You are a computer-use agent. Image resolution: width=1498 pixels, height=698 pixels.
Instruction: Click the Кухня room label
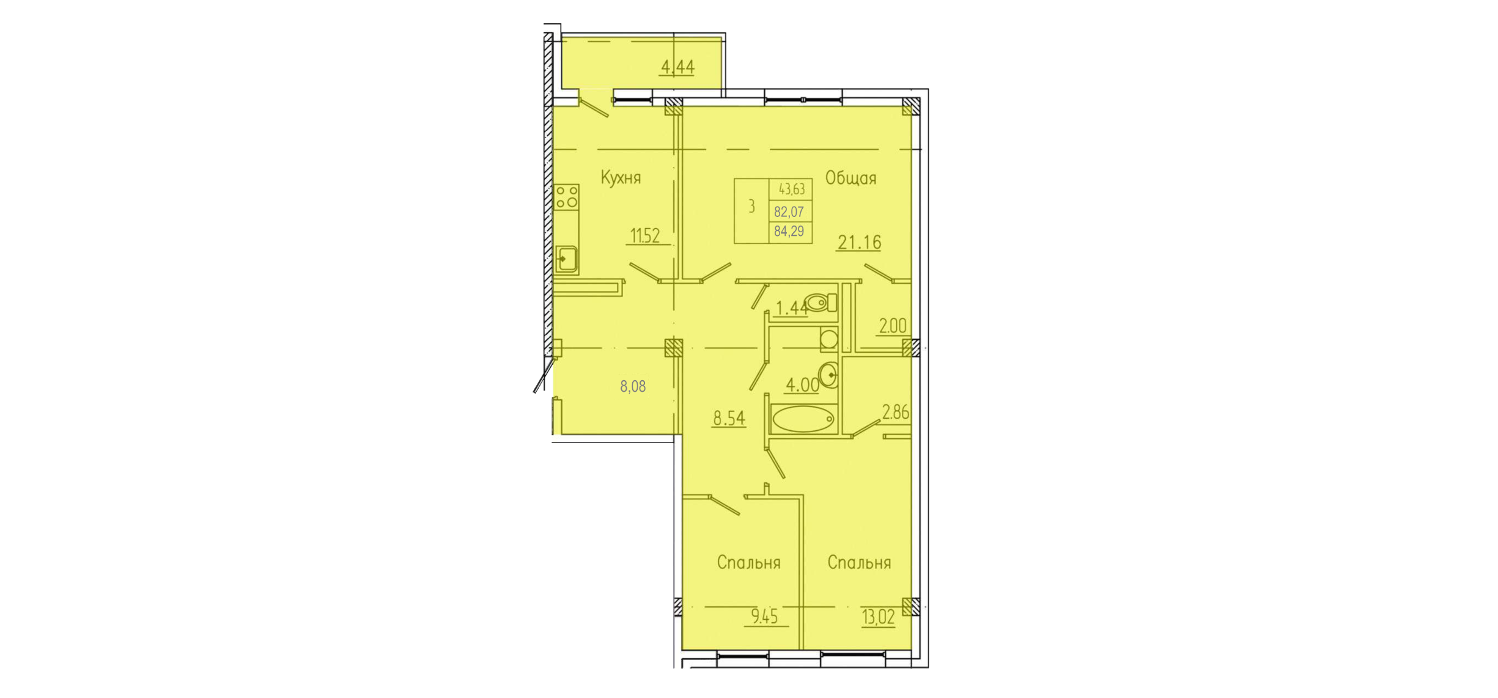tap(621, 178)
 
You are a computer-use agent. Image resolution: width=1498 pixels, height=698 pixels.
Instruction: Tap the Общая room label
tap(850, 178)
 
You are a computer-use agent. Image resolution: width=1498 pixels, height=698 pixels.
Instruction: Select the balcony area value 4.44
tap(677, 67)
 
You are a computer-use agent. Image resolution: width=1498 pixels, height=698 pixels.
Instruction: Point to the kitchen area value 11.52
tap(646, 235)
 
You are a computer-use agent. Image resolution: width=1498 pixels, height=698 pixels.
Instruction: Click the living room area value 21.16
tap(859, 242)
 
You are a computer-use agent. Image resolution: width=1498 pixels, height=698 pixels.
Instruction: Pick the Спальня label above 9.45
tap(748, 562)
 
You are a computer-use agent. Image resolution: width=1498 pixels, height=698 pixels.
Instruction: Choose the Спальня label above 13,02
tap(859, 562)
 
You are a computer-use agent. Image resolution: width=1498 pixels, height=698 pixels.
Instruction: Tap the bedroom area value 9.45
tap(764, 617)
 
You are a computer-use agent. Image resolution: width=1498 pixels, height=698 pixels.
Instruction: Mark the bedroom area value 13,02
tap(878, 617)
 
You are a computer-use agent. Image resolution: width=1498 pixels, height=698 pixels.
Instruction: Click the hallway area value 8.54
tap(729, 418)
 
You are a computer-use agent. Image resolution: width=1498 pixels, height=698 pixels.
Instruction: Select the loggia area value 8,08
tap(633, 386)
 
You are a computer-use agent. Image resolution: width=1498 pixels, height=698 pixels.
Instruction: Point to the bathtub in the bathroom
tap(803, 419)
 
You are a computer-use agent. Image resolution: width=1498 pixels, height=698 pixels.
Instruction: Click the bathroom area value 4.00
tap(802, 385)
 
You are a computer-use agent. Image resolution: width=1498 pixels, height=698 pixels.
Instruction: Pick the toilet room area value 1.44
tap(791, 308)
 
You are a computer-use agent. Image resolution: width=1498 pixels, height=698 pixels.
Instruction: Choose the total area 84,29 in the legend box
tap(789, 232)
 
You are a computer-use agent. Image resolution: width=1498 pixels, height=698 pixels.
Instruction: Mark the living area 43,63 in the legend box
tap(792, 189)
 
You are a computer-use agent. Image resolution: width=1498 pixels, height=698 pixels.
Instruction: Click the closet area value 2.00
tap(892, 326)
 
